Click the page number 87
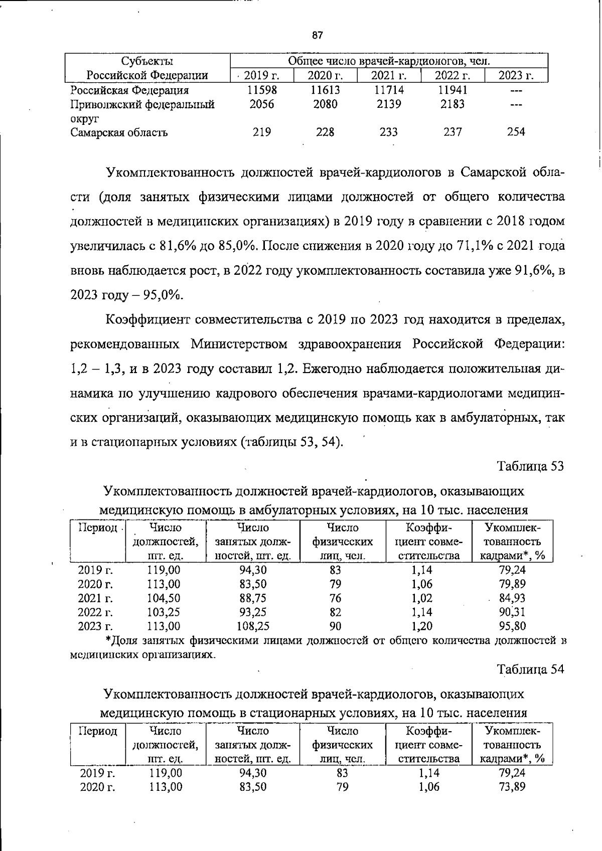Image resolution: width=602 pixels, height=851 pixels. point(317,36)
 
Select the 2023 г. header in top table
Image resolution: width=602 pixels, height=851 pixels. point(516,76)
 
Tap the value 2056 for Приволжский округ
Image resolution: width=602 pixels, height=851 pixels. point(262,104)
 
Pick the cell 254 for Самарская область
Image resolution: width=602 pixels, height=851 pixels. point(516,132)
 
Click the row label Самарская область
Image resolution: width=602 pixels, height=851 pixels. point(119,132)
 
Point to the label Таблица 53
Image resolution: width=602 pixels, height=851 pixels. point(530,466)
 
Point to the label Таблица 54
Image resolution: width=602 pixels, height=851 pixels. point(530,669)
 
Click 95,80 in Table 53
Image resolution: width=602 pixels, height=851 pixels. point(512,626)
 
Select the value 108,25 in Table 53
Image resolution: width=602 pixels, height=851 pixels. point(253,626)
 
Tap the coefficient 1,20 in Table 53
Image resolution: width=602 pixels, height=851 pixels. point(421,626)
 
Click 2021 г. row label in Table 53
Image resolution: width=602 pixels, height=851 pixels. point(95,598)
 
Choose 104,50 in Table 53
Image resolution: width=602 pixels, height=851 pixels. point(164,598)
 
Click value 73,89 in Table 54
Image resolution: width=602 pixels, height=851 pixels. point(512,787)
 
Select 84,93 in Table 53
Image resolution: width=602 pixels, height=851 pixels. point(512,598)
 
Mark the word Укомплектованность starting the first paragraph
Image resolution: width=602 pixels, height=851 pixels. point(170,173)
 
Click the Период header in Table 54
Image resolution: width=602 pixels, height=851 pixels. point(98,731)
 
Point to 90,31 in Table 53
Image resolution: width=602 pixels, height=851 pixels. point(512,612)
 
